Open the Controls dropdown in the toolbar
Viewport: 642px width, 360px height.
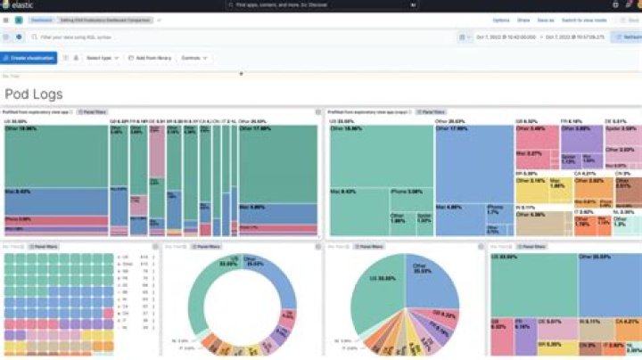[193, 58]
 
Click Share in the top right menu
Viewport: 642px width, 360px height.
[523, 20]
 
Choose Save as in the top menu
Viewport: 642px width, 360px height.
[545, 20]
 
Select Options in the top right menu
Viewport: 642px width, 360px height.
[501, 20]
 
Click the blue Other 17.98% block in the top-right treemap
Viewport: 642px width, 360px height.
[473, 160]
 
